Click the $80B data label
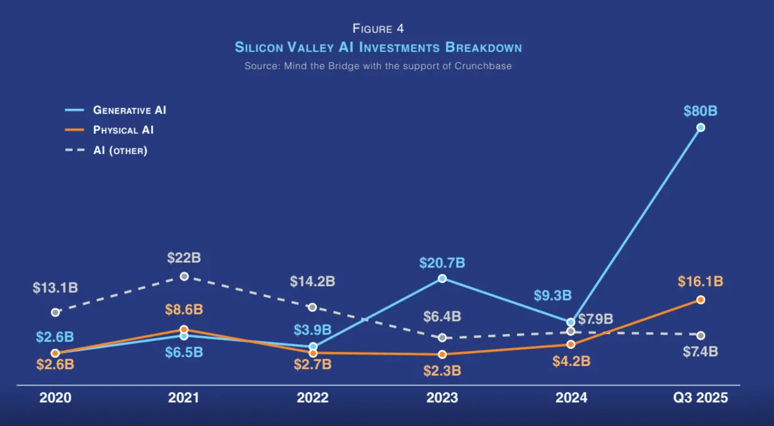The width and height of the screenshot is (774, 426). click(x=700, y=111)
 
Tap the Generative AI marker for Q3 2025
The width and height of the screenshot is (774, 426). click(x=700, y=128)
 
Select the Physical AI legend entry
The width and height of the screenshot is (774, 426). click(x=123, y=130)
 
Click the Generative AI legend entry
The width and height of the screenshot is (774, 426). click(x=129, y=110)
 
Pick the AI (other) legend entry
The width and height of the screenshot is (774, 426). click(x=120, y=151)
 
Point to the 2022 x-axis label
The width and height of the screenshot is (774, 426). click(x=312, y=398)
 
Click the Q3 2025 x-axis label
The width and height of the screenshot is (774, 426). click(x=700, y=398)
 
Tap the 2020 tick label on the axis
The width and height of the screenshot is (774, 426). click(x=56, y=398)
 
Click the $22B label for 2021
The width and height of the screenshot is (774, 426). click(x=184, y=258)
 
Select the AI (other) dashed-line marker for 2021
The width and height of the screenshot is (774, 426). click(x=184, y=276)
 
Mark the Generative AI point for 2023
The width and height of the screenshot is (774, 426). click(x=442, y=278)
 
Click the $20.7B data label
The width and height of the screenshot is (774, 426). click(x=442, y=263)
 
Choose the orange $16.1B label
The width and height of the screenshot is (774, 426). click(x=700, y=281)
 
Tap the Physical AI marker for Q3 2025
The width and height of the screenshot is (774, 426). click(x=700, y=300)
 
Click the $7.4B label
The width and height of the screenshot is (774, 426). click(x=700, y=352)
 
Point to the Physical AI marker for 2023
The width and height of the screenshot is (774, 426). click(x=442, y=354)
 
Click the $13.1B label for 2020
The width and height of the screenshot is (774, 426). click(x=56, y=288)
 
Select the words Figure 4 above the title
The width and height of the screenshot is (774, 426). click(x=378, y=29)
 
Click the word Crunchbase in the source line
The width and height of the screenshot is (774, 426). click(x=483, y=66)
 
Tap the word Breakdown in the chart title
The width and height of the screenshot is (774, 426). click(x=483, y=48)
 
